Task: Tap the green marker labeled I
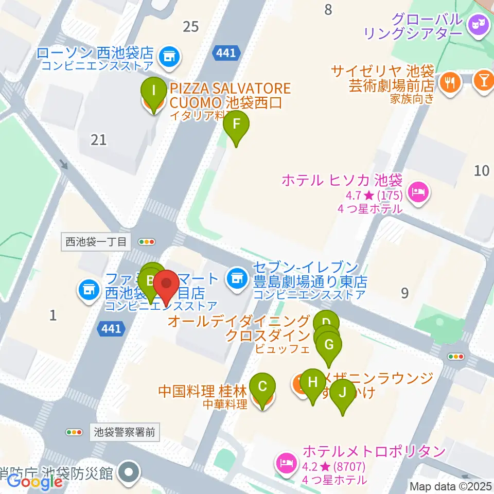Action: (153, 93)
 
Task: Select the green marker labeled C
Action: (262, 387)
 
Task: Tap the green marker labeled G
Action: (329, 346)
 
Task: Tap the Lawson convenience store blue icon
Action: (168, 55)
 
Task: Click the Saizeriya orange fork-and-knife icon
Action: (451, 81)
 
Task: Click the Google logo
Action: (34, 481)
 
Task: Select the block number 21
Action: (98, 139)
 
